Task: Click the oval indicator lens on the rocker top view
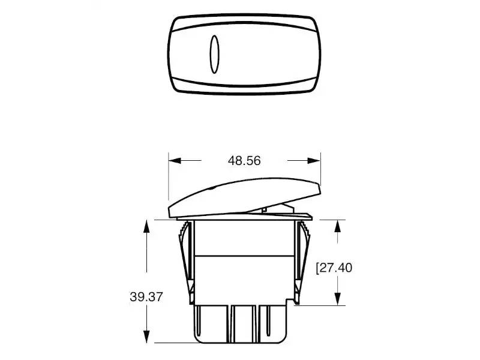tap(214, 55)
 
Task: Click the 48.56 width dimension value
tap(244, 161)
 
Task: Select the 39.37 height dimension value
tap(146, 297)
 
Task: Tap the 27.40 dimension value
tap(336, 268)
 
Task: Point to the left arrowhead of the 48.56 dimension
tap(175, 160)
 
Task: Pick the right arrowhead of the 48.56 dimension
tap(314, 160)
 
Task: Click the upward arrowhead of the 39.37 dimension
tap(146, 226)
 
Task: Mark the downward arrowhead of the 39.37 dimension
tap(146, 337)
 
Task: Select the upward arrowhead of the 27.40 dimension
tap(338, 226)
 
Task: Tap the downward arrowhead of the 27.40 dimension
tap(338, 299)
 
